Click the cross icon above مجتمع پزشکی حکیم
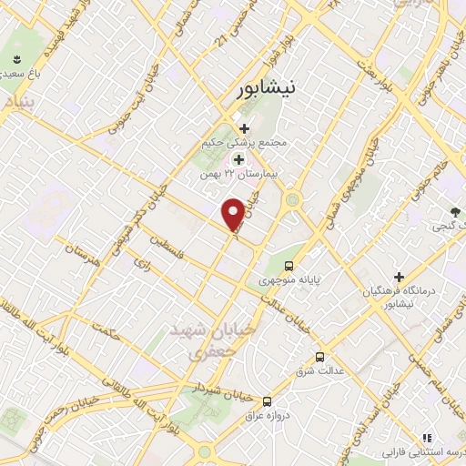[x=244, y=128]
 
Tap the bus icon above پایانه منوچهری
[x=289, y=266]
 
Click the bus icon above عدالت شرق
[x=319, y=357]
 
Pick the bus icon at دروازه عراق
[x=267, y=400]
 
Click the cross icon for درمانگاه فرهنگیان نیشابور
[x=398, y=276]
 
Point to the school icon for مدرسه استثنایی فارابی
[x=426, y=439]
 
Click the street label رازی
[x=141, y=263]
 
